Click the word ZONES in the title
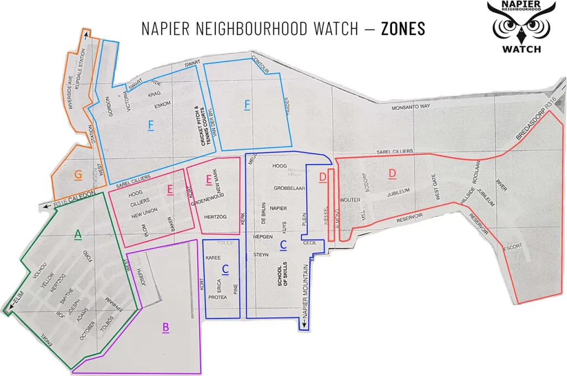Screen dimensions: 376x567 (403, 29)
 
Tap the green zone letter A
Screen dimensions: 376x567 (78, 236)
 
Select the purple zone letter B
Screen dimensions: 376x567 (165, 328)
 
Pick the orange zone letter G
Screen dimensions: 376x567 (78, 175)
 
